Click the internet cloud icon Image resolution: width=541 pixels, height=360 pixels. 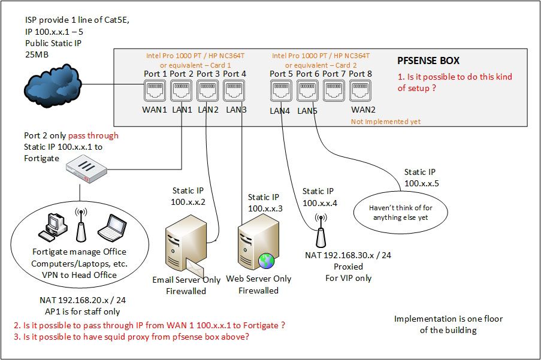[52, 86]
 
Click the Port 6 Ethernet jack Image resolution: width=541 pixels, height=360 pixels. [306, 92]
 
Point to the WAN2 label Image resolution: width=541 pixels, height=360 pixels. [364, 110]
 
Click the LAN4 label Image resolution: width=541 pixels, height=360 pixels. [280, 111]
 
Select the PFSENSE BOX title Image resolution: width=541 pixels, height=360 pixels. [428, 60]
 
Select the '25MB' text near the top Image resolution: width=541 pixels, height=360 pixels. [37, 55]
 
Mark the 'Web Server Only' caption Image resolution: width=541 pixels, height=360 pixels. [259, 279]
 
